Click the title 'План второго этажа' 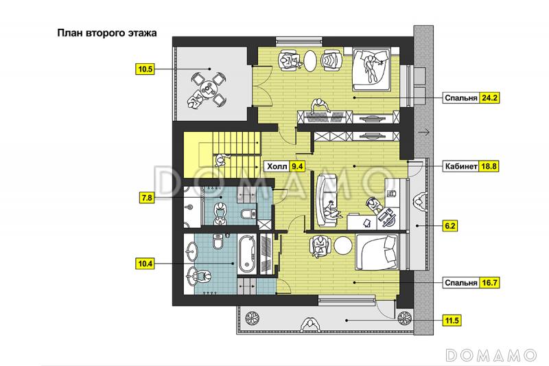pos(107,33)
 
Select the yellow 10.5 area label pos(145,69)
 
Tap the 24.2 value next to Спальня pos(489,98)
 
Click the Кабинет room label pos(460,166)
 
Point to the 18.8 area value pos(489,166)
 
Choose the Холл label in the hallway pos(277,166)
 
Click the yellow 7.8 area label pos(147,198)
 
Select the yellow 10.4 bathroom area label pos(145,263)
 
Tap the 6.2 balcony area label pos(450,226)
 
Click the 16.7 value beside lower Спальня pos(489,283)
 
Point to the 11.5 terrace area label pos(452,321)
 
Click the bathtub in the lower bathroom pos(248,254)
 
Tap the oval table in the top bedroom pos(310,61)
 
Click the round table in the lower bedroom pos(342,246)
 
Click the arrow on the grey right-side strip pos(423,133)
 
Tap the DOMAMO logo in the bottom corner pos(491,355)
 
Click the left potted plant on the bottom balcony pos(252,319)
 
